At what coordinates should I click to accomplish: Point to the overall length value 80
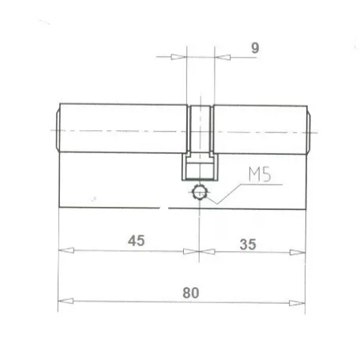[x=189, y=291]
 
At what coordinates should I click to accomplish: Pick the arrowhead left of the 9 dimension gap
[x=179, y=57]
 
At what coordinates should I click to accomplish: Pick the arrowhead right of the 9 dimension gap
[x=220, y=57]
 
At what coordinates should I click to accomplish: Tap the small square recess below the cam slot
[x=200, y=167]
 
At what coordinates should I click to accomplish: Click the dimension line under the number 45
[x=126, y=251]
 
